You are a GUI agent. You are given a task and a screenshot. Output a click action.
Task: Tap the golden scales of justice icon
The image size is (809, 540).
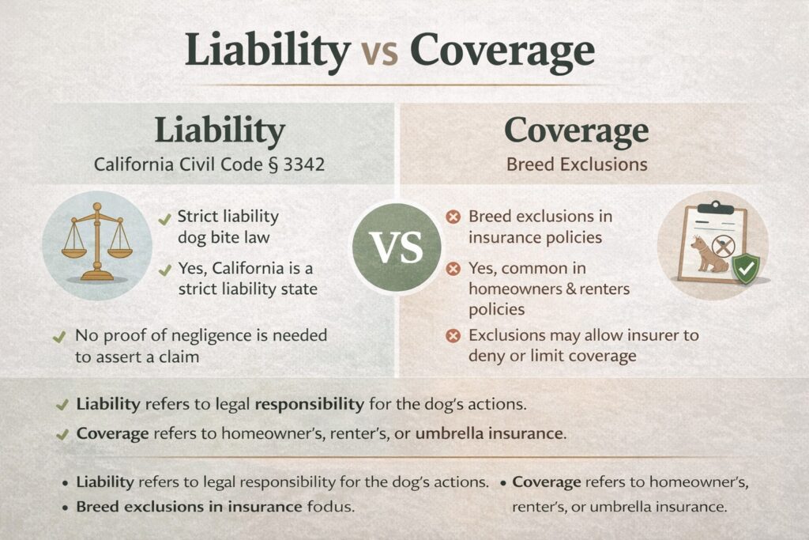[97, 242]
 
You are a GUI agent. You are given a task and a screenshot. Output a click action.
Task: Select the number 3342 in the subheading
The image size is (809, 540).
[304, 164]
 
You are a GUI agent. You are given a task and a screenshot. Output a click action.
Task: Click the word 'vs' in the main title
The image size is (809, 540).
[380, 51]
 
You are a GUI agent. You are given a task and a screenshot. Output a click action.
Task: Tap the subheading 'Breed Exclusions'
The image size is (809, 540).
[576, 164]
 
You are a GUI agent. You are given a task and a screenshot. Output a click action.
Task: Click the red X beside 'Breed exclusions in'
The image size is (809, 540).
[453, 217]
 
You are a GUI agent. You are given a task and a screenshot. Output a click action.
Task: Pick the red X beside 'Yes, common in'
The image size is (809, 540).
[453, 269]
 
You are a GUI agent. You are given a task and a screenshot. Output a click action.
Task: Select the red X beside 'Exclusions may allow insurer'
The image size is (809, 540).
[453, 336]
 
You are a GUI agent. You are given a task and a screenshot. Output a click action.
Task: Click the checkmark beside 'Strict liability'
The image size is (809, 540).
[164, 220]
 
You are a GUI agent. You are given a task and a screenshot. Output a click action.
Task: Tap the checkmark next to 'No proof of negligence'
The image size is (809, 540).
[59, 337]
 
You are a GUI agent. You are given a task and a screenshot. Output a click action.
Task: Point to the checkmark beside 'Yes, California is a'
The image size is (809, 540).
[164, 270]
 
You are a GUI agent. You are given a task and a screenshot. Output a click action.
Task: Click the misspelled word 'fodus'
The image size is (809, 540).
[331, 507]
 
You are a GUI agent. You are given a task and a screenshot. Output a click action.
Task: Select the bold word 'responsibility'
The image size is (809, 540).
[310, 404]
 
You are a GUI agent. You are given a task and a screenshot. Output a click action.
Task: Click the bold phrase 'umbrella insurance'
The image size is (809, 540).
[488, 433]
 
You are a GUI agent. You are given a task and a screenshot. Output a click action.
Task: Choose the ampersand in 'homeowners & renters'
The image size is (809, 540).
[570, 289]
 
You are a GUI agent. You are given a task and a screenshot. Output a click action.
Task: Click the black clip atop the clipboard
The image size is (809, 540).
[714, 207]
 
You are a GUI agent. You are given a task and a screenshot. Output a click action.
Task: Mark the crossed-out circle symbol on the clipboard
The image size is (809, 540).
[723, 246]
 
